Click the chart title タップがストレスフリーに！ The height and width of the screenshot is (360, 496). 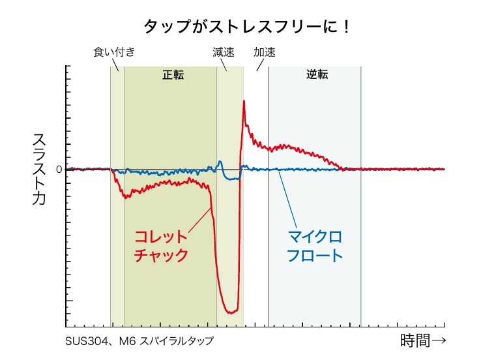click(x=247, y=27)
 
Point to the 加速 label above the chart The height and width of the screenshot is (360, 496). click(x=264, y=52)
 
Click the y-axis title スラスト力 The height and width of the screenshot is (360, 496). click(x=39, y=169)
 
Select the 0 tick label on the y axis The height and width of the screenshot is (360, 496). click(x=59, y=170)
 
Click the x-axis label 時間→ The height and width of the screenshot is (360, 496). click(x=422, y=340)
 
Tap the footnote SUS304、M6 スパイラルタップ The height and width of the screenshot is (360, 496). click(x=139, y=341)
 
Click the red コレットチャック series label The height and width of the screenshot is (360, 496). click(x=161, y=245)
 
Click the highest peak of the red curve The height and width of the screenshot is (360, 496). click(x=244, y=101)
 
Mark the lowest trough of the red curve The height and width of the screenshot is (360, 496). click(x=229, y=312)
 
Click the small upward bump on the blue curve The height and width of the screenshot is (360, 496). click(x=220, y=162)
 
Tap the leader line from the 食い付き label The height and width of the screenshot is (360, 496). click(x=116, y=65)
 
